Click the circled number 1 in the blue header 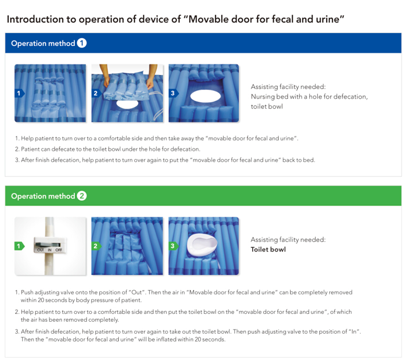coord(82,43)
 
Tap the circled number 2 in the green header coord(82,196)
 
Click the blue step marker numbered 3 coord(174,93)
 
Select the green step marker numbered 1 coord(19,246)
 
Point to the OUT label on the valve coord(41,250)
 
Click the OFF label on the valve coord(59,250)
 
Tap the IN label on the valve coord(49,250)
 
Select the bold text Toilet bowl coord(268,250)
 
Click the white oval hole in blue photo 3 coord(206,96)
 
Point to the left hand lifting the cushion coord(106,76)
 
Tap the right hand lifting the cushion coord(151,77)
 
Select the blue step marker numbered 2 coord(97,93)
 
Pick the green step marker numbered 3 coord(173,246)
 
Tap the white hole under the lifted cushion coord(127,104)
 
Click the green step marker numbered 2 coord(97,246)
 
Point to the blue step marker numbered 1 coord(19,93)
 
